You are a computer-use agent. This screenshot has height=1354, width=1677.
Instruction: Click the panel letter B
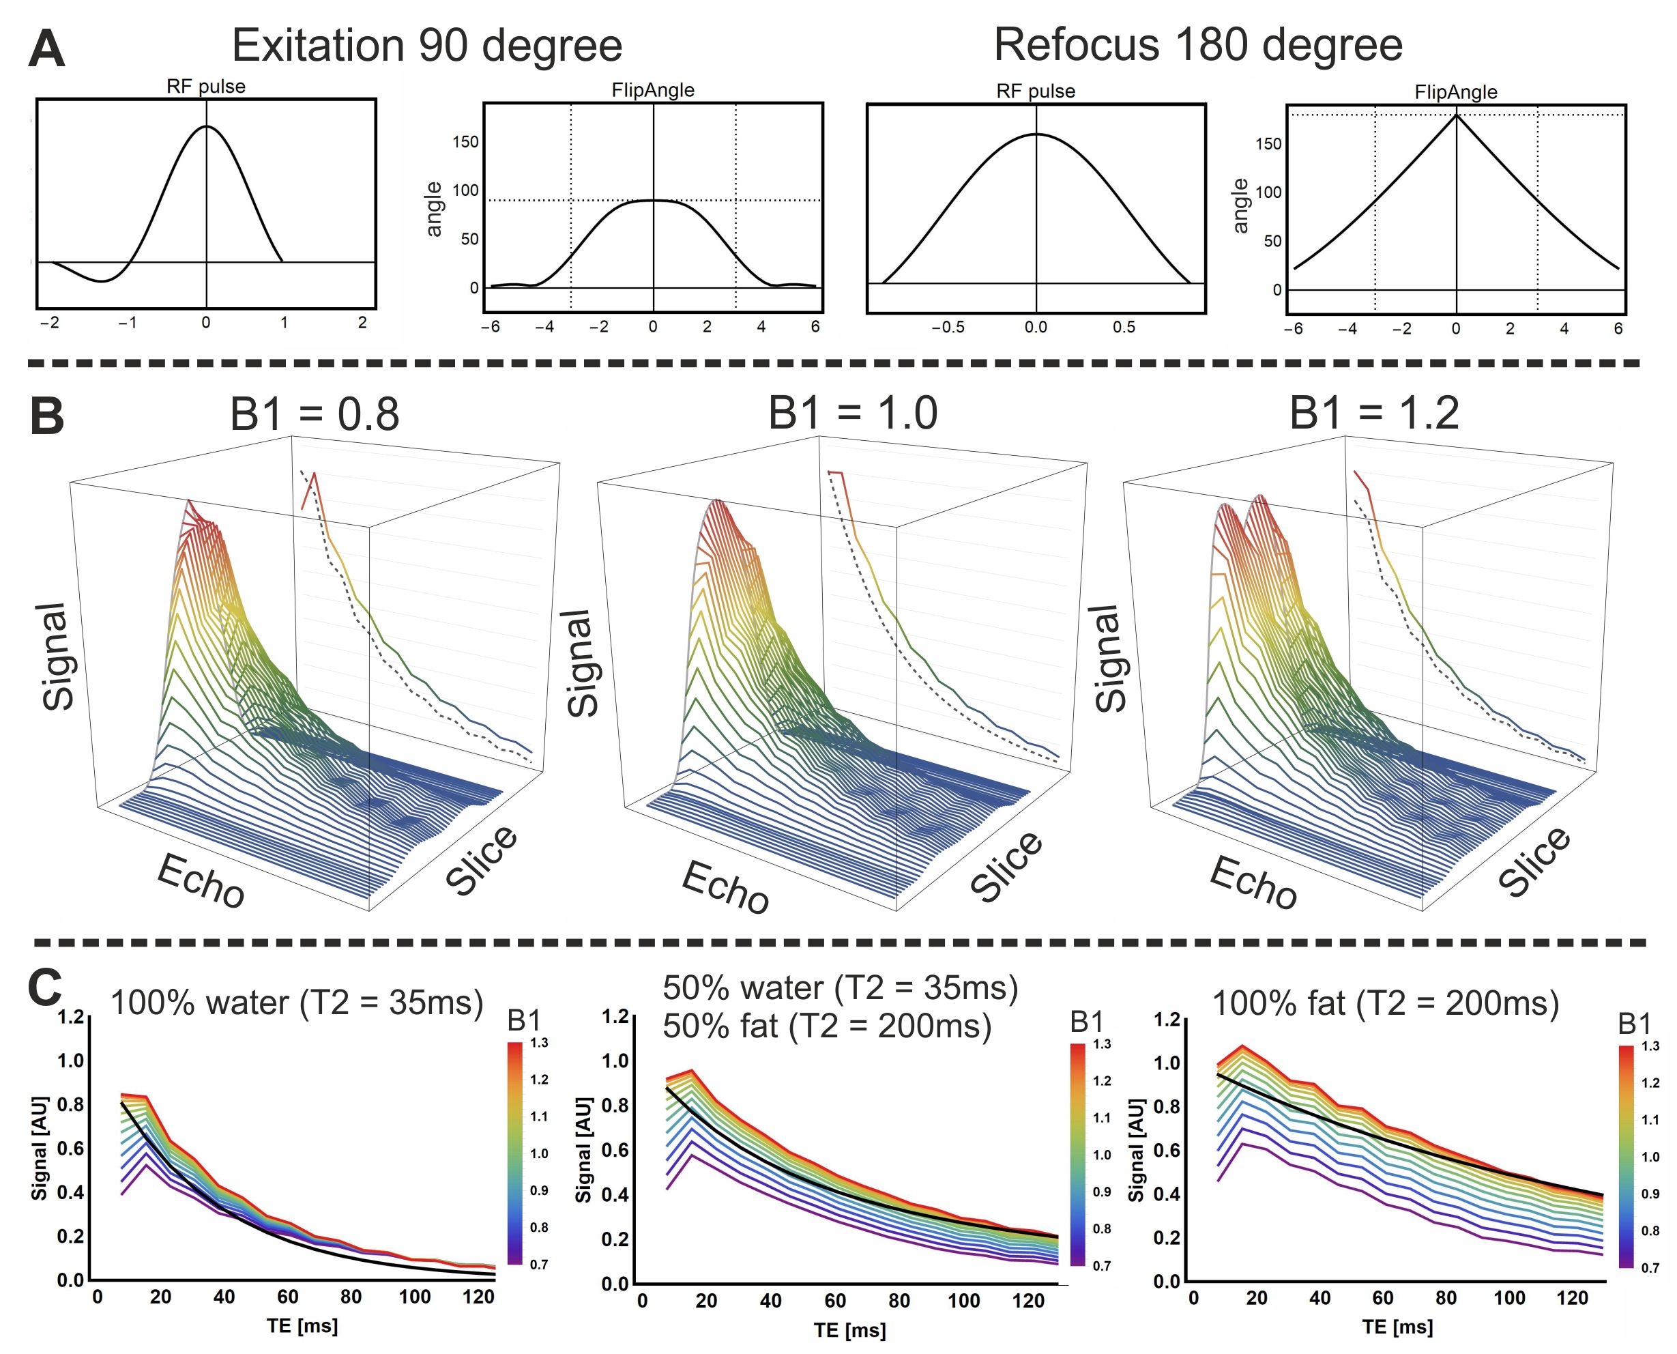(47, 416)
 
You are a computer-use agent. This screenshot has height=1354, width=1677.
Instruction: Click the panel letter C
(45, 988)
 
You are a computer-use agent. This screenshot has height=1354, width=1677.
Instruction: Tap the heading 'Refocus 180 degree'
(1197, 45)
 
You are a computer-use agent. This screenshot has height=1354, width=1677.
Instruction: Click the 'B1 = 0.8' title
(315, 414)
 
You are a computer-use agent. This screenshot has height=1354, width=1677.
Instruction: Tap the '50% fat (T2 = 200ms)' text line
(826, 1026)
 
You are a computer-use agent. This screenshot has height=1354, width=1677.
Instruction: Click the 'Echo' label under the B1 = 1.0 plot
(726, 889)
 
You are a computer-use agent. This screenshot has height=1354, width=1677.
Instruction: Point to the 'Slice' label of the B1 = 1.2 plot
(1534, 861)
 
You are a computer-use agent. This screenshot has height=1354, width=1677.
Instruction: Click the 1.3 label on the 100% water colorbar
(539, 1043)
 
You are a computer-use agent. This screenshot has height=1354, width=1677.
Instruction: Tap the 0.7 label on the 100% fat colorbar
(1650, 1268)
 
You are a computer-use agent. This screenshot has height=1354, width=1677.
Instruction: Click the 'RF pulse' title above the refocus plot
(1036, 91)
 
